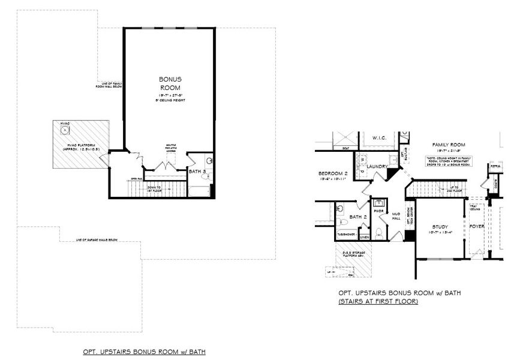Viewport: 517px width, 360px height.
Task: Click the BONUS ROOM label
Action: [170, 83]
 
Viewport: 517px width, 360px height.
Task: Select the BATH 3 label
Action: [198, 172]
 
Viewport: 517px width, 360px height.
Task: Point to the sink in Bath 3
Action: [209, 161]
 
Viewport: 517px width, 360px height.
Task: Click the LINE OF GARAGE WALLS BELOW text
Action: [97, 239]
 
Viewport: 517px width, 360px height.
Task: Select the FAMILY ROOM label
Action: [449, 145]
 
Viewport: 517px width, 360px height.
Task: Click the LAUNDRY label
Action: [379, 166]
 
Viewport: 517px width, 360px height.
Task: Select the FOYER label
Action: [477, 226]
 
